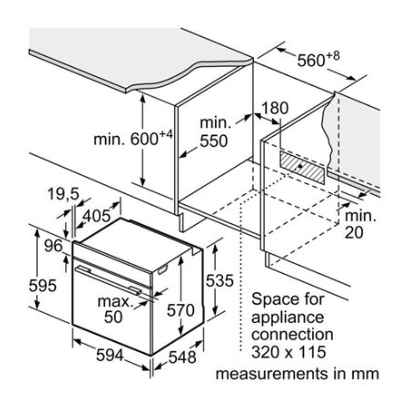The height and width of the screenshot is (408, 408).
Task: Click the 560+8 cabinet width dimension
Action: tap(318, 60)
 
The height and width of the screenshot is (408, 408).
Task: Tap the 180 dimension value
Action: tap(274, 108)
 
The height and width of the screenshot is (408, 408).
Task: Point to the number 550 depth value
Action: tap(214, 141)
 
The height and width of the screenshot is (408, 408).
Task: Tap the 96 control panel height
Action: tap(53, 246)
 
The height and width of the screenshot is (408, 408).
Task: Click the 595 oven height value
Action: tap(42, 286)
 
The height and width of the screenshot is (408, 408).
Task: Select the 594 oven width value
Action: tap(109, 356)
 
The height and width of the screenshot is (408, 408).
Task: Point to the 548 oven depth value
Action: tap(183, 357)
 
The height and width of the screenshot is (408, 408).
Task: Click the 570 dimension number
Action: tap(181, 310)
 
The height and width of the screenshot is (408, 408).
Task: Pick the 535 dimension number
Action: tap(220, 280)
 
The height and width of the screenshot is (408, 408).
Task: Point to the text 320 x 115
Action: tap(288, 352)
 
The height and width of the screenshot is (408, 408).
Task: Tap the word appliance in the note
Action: tap(288, 317)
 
